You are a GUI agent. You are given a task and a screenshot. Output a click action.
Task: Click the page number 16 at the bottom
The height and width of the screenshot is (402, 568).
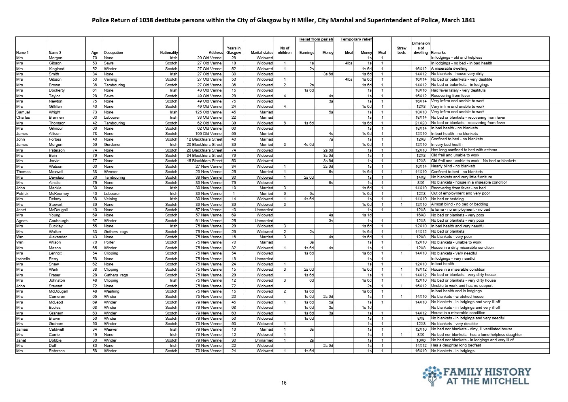283,383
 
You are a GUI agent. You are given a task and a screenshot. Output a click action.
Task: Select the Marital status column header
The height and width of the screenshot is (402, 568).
262,53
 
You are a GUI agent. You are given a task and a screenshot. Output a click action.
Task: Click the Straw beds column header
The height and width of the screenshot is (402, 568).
401,50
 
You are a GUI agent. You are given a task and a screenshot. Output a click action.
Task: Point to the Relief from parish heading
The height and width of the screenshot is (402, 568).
316,39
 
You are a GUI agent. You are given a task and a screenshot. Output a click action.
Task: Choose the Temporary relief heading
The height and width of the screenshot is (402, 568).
356,39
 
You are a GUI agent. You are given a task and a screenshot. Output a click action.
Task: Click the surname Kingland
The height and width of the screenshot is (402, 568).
56,69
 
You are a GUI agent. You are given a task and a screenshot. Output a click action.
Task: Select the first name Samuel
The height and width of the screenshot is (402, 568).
23,112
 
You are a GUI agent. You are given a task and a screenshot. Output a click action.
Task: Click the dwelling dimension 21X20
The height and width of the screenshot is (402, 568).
421,123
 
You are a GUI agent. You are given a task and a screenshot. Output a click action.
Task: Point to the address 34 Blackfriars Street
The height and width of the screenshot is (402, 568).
204,156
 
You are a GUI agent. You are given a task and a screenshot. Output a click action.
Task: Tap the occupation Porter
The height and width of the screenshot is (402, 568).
110,242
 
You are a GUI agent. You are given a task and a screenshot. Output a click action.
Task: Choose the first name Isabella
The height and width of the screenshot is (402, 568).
23,259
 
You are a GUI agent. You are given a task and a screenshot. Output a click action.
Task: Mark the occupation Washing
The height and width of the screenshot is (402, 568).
111,291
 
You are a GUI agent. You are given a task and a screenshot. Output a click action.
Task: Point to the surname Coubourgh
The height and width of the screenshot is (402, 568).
59,221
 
